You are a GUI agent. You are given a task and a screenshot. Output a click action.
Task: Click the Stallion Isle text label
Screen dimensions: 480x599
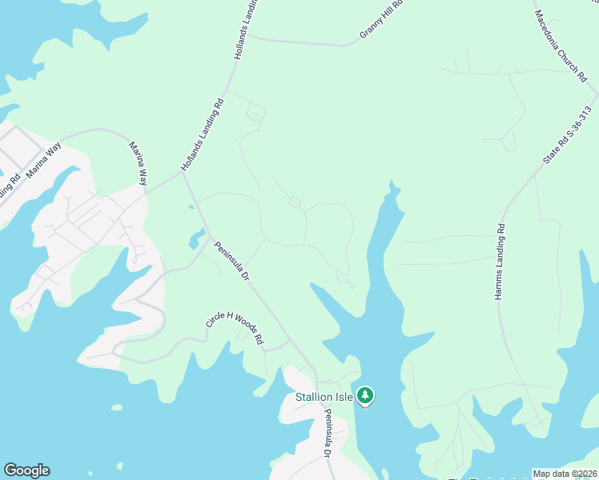tap(324, 397)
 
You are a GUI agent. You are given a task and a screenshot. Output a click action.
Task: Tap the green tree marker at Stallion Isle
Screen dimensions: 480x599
tap(365, 395)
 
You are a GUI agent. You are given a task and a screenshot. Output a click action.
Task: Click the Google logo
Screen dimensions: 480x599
tap(26, 470)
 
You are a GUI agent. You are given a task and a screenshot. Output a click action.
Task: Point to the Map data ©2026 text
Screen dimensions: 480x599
tap(565, 474)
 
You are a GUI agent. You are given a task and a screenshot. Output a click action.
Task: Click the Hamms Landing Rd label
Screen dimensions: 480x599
tap(499, 262)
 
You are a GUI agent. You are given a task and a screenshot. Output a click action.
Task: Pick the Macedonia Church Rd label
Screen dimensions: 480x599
tap(561, 46)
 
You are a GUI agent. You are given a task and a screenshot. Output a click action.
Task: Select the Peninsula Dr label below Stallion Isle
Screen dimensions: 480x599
tap(328, 433)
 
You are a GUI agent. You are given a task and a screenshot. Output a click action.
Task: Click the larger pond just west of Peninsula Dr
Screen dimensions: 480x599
tap(195, 238)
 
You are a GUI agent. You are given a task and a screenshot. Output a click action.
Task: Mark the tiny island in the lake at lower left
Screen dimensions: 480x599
tap(117, 407)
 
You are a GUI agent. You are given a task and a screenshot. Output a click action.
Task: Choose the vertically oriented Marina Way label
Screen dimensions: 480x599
tap(138, 164)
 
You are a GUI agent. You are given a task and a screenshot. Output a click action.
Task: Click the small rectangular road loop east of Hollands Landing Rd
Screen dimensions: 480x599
tap(255, 114)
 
